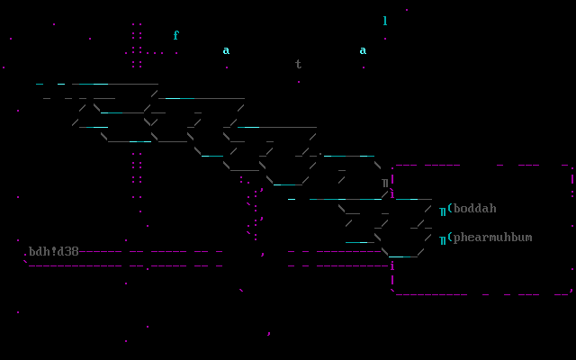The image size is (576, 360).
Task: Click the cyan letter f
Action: (176, 36)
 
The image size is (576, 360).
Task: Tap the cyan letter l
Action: (385, 22)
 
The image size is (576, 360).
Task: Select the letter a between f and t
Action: (226, 50)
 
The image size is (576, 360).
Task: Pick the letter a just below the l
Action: (363, 50)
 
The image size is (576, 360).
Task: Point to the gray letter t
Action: (299, 65)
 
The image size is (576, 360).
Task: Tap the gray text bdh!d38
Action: (54, 252)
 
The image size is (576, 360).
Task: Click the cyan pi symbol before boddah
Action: (443, 211)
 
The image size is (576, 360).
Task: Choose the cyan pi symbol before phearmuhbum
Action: (443, 239)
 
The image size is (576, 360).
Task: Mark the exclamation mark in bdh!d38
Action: (54, 252)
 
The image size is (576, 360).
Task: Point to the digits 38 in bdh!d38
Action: (72, 252)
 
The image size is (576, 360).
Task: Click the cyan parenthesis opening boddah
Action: (450, 209)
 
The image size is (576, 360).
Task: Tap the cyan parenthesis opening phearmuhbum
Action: (450, 238)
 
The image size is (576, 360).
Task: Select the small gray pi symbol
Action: (385, 183)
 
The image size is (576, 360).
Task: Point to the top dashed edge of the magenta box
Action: (477, 166)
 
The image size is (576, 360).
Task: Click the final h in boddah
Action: (492, 209)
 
